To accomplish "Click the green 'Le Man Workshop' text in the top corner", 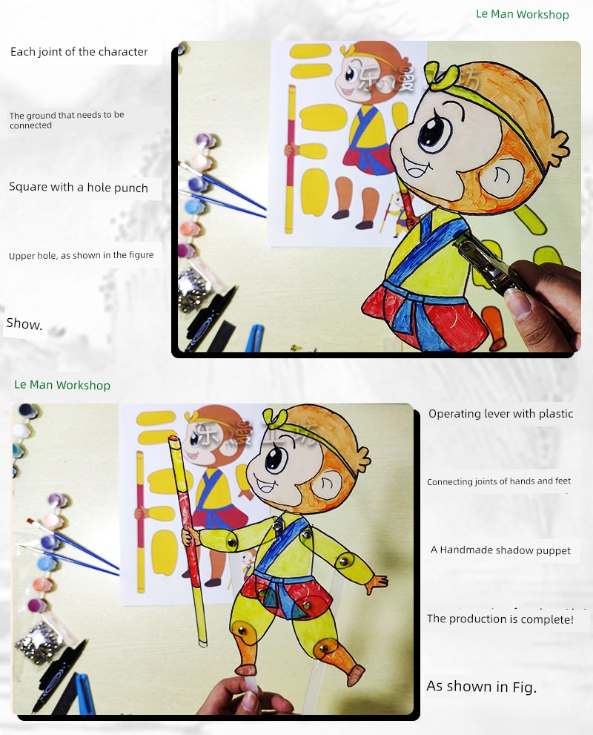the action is point(523,15).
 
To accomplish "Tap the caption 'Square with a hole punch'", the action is point(79,188).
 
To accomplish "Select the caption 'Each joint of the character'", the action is point(79,52).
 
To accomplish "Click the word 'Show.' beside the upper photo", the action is point(24,323).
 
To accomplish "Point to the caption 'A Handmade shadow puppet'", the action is point(500,550).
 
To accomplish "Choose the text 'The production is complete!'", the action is point(500,619).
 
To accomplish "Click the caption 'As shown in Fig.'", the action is point(481,687).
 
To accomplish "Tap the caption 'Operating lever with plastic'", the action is point(501,413).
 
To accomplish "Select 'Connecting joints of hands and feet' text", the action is point(499,481).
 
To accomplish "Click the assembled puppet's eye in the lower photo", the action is point(276,458).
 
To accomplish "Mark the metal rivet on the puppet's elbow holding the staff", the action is point(231,542).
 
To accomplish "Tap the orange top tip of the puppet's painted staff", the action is point(173,439).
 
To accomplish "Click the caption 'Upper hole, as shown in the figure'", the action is point(81,255).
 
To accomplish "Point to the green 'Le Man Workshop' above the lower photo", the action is point(62,385).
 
